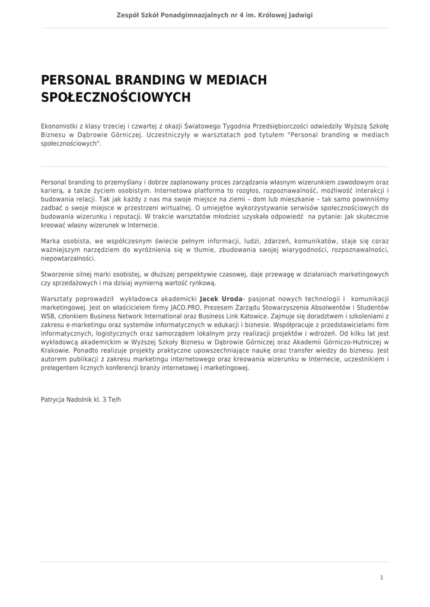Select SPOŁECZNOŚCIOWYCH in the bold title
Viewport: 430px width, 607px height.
pyautogui.click(x=116, y=97)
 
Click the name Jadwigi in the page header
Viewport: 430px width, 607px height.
pyautogui.click(x=298, y=15)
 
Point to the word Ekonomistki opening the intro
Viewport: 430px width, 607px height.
pyautogui.click(x=59, y=126)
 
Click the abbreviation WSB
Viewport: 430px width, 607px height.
pyautogui.click(x=47, y=317)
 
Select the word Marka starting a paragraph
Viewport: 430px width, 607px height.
pyautogui.click(x=50, y=241)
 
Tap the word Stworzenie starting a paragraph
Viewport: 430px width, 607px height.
pyautogui.click(x=59, y=274)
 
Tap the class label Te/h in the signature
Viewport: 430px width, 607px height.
pyautogui.click(x=114, y=400)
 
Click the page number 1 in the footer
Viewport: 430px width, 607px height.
pyautogui.click(x=381, y=577)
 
